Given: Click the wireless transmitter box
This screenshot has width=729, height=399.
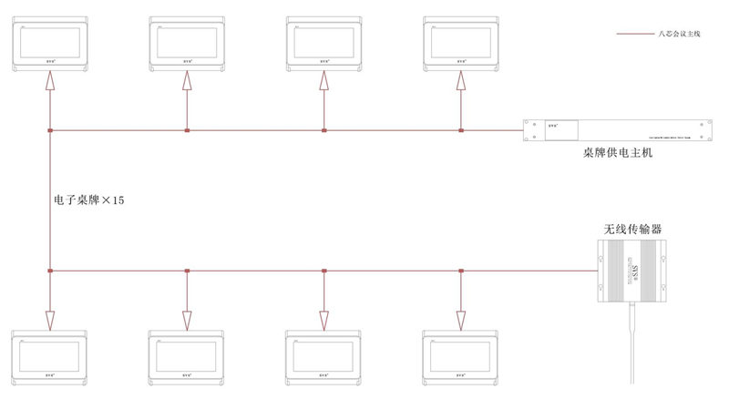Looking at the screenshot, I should [631, 271].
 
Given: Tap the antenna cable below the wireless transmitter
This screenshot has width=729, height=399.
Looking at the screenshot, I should [631, 346].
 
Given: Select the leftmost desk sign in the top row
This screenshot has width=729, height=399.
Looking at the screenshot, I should [50, 42].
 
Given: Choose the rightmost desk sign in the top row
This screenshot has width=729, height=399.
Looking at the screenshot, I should [462, 42].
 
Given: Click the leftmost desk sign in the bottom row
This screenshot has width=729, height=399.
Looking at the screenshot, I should [50, 357].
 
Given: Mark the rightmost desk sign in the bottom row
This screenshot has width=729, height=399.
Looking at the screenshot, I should [462, 357].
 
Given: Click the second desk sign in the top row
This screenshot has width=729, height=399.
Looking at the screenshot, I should [187, 42].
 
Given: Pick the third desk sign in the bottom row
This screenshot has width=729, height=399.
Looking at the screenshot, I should [324, 357].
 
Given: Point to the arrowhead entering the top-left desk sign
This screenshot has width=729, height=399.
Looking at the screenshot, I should [50, 80].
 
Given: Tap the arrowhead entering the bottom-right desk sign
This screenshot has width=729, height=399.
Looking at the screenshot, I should [461, 319].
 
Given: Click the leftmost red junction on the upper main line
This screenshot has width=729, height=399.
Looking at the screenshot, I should [50, 131].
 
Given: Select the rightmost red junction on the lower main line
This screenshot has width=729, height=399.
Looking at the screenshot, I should [461, 271].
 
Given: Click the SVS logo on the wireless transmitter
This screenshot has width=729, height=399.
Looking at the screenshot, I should [631, 271].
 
